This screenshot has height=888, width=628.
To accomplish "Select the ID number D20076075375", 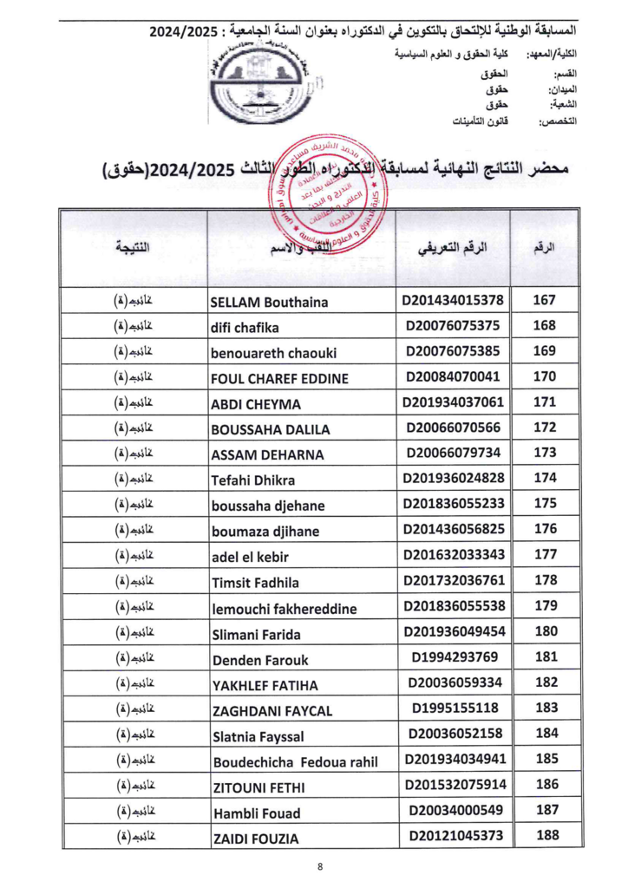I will pyautogui.click(x=452, y=327).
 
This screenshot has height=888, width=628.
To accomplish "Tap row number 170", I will pyautogui.click(x=543, y=377).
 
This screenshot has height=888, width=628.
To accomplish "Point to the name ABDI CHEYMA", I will pyautogui.click(x=256, y=404).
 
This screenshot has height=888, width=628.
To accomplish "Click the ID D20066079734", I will pyautogui.click(x=452, y=454).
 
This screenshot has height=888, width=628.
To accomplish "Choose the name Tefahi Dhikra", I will pyautogui.click(x=252, y=480).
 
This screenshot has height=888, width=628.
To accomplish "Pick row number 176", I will pyautogui.click(x=543, y=529).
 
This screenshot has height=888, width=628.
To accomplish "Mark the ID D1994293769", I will pyautogui.click(x=452, y=656).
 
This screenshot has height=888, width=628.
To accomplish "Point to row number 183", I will pyautogui.click(x=543, y=708).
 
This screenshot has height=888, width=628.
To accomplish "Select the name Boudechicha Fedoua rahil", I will pyautogui.click(x=296, y=762).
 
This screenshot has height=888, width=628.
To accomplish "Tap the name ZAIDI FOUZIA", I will pyautogui.click(x=255, y=839).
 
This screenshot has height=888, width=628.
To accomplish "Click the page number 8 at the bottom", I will pyautogui.click(x=320, y=865).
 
